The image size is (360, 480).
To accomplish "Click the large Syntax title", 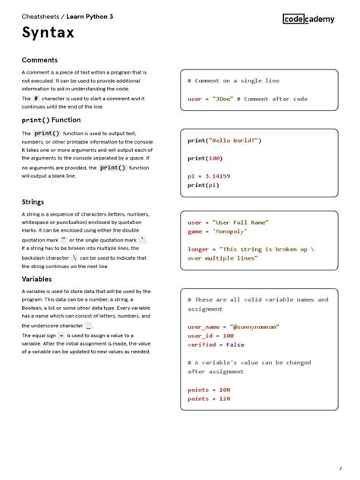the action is [x=48, y=33].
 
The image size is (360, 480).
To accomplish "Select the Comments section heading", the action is [x=39, y=60].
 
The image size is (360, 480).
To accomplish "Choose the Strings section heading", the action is [x=33, y=202].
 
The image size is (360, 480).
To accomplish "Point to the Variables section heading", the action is [x=36, y=279].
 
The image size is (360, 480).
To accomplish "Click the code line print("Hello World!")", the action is [x=225, y=141].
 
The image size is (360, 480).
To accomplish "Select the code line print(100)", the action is [x=205, y=158].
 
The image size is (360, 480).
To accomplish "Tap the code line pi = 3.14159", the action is [x=209, y=176].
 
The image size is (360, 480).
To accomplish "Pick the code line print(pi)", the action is [x=203, y=185].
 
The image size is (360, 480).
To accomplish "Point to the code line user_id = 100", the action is [x=210, y=336].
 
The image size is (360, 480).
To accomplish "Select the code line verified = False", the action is [x=216, y=344].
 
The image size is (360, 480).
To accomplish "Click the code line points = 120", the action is [x=209, y=399].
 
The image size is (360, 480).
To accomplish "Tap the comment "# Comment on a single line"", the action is [x=233, y=81].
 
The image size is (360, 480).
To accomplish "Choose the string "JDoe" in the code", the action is [x=223, y=99].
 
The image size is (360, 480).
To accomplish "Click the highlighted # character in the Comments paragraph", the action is [x=36, y=99].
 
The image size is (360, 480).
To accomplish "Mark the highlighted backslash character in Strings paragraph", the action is [x=74, y=257].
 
